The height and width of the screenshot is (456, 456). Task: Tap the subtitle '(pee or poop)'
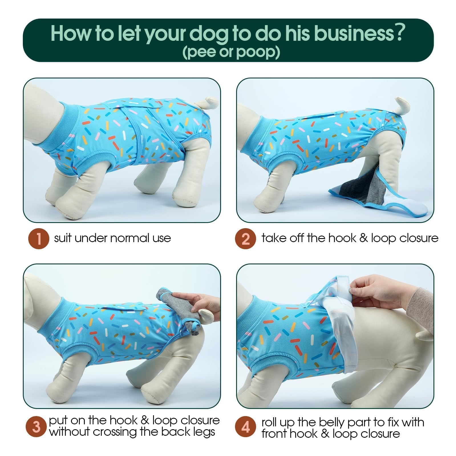coord(231,52)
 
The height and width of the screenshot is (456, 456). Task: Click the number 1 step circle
coord(39,238)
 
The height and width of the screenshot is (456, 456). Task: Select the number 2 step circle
coord(245,238)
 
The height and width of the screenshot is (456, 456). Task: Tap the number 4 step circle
coord(245,427)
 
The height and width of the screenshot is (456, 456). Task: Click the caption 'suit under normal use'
coord(113,238)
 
